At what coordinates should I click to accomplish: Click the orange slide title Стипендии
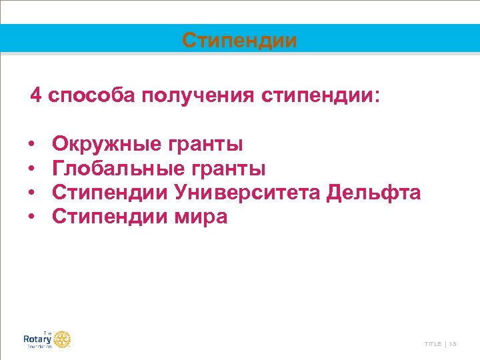tap(240, 41)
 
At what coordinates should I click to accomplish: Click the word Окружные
tap(107, 144)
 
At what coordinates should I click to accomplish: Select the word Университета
tap(248, 193)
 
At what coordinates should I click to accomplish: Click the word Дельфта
tap(374, 193)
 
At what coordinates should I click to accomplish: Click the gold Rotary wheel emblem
tap(62, 339)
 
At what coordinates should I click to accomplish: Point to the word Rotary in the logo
tap(37, 339)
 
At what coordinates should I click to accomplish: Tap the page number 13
tap(453, 343)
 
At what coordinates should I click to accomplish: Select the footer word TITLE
tap(433, 343)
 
